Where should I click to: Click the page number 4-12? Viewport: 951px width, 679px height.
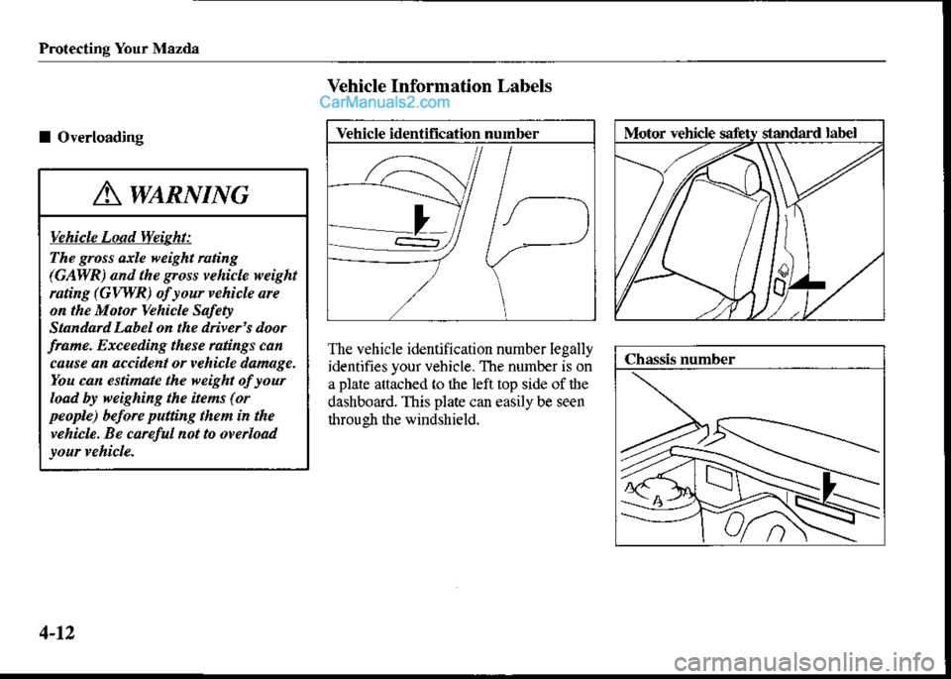tap(62, 626)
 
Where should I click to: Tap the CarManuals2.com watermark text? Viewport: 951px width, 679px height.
tap(384, 101)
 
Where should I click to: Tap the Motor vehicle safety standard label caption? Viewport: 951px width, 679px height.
tap(739, 132)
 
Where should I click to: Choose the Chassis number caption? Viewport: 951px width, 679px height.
tap(678, 360)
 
